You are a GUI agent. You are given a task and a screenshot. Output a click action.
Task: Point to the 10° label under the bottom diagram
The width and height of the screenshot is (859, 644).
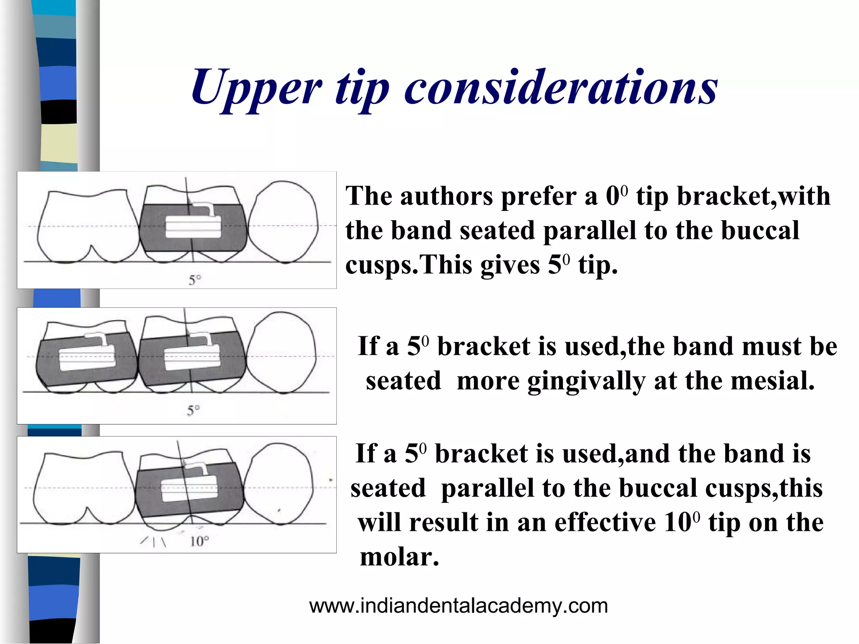[199, 541]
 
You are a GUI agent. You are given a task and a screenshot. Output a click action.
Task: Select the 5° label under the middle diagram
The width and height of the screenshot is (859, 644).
[193, 410]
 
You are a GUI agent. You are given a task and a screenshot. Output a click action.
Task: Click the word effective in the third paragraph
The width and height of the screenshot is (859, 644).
[605, 523]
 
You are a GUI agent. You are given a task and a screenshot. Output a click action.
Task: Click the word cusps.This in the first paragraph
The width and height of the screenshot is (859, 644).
[442, 265]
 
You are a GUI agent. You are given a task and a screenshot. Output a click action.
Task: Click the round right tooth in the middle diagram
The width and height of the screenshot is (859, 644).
[282, 352]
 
